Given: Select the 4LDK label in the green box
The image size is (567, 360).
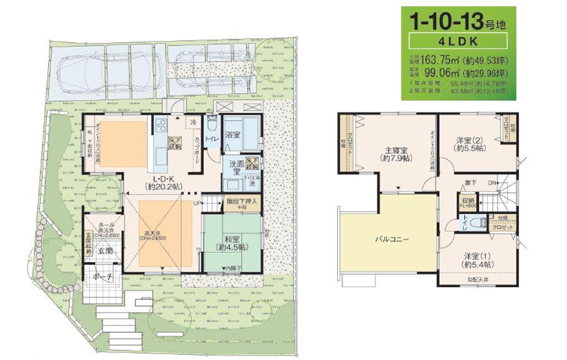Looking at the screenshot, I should [461, 45].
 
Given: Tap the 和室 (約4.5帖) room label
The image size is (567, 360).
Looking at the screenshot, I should [232, 244].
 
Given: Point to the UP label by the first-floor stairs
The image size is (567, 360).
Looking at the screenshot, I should [197, 203].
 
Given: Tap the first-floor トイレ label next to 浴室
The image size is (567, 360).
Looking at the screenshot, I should [213, 138].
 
